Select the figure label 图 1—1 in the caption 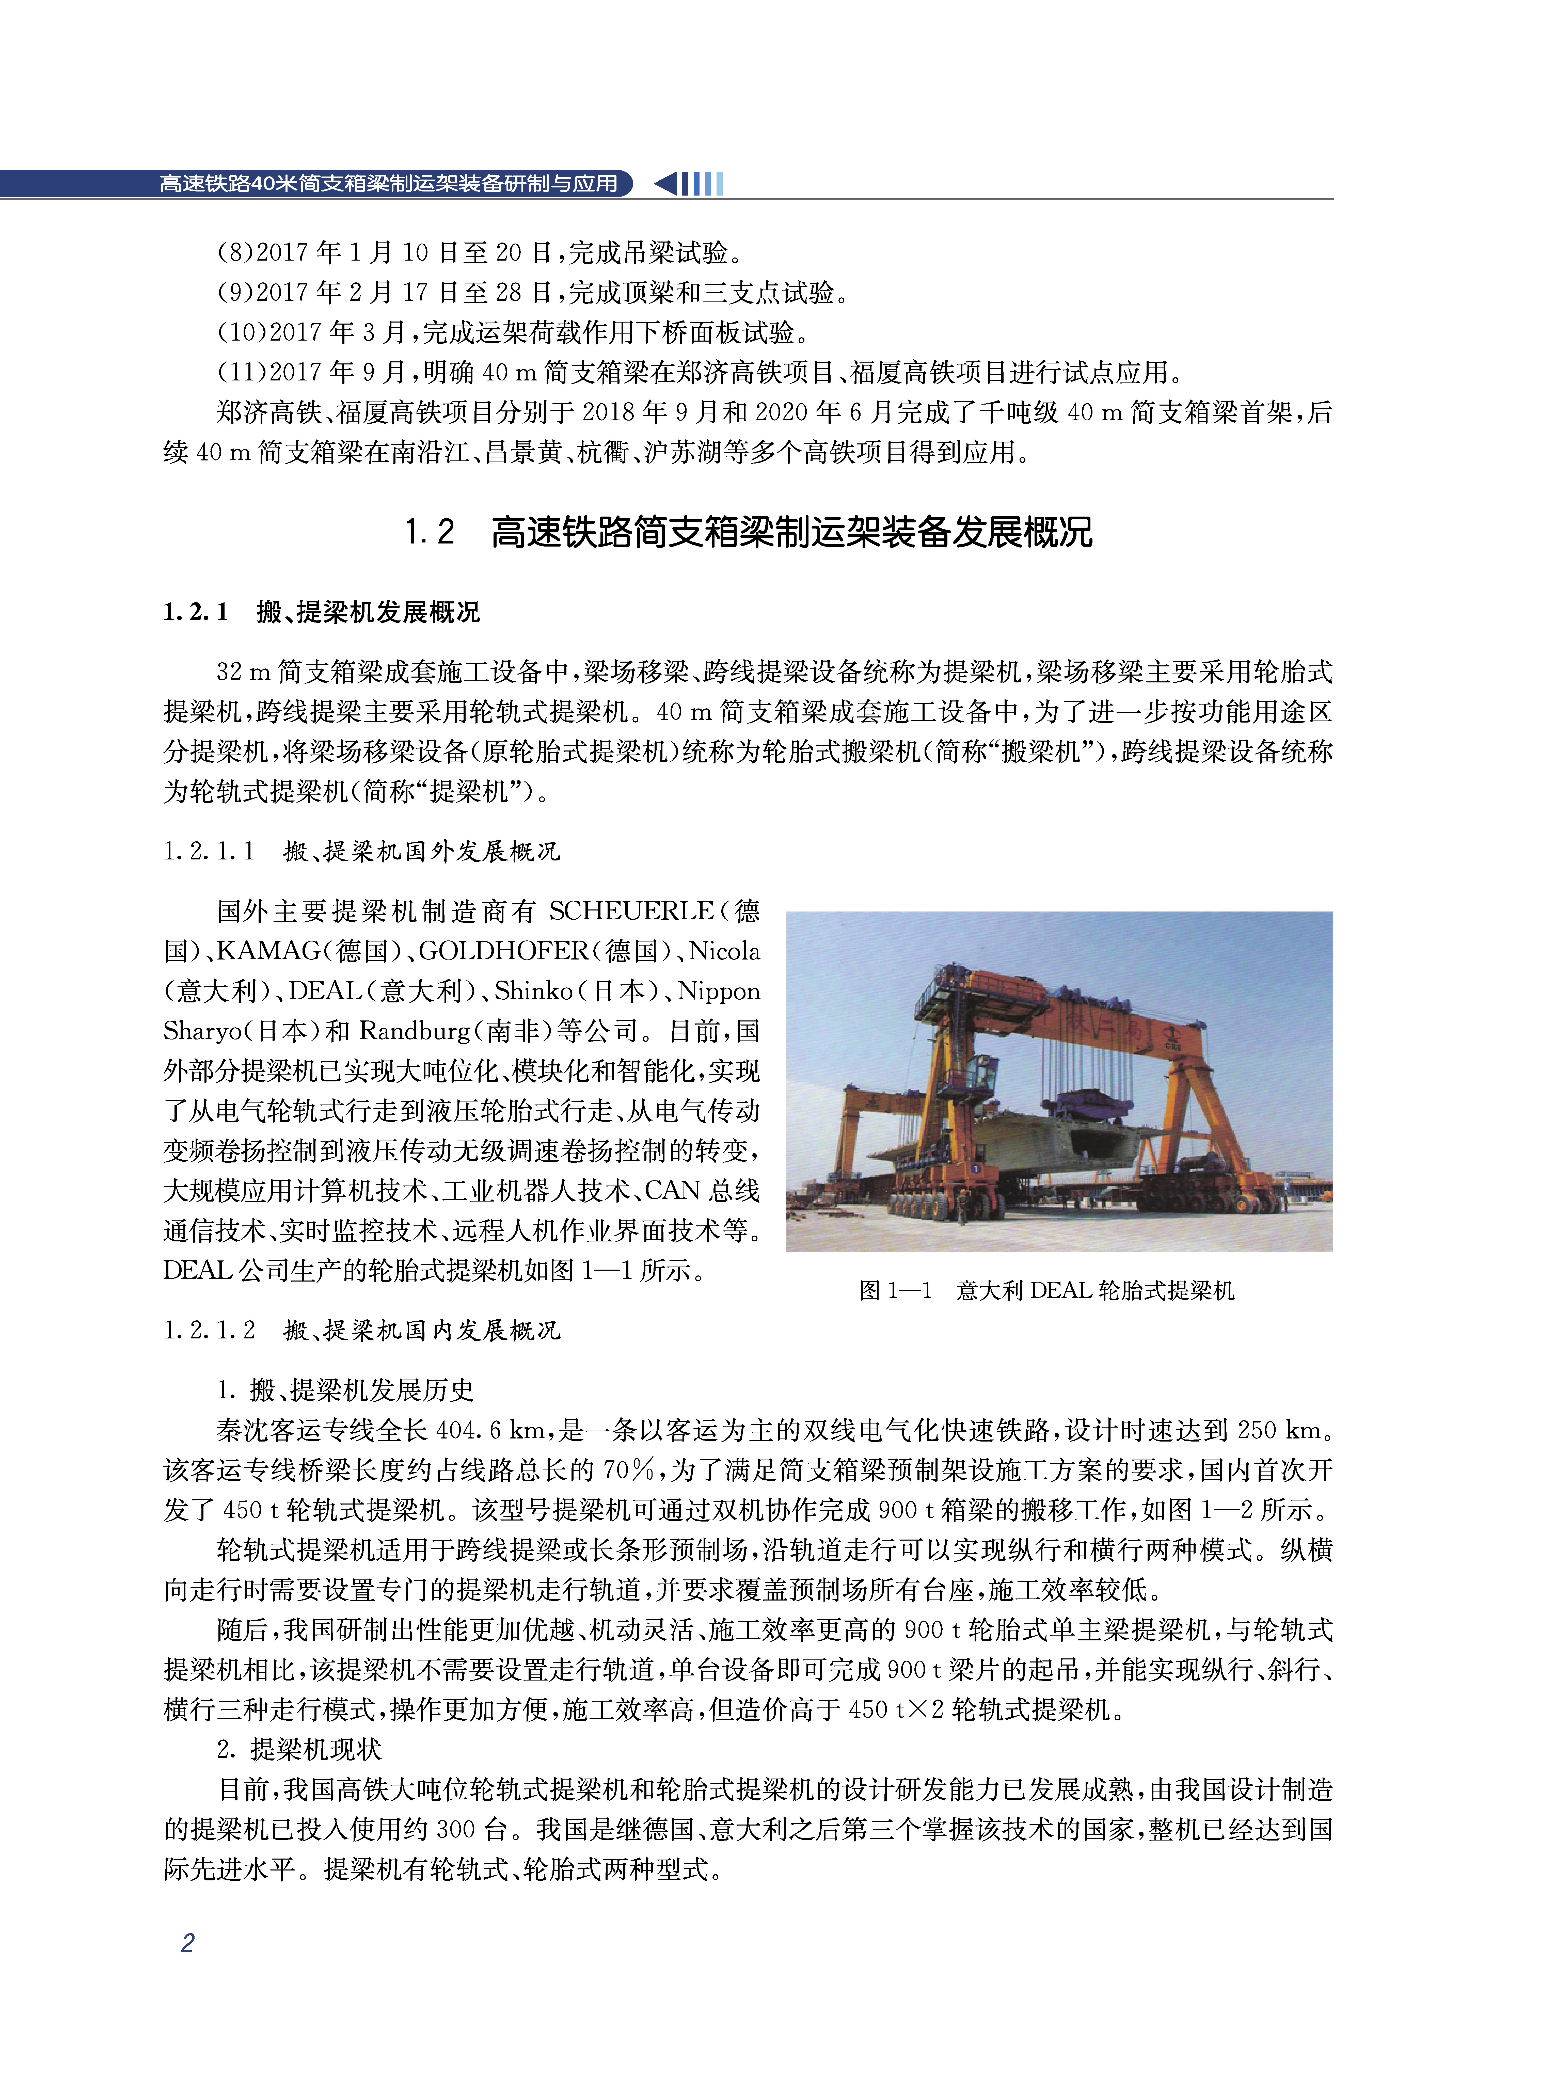click(x=895, y=1290)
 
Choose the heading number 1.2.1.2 click(x=209, y=1330)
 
